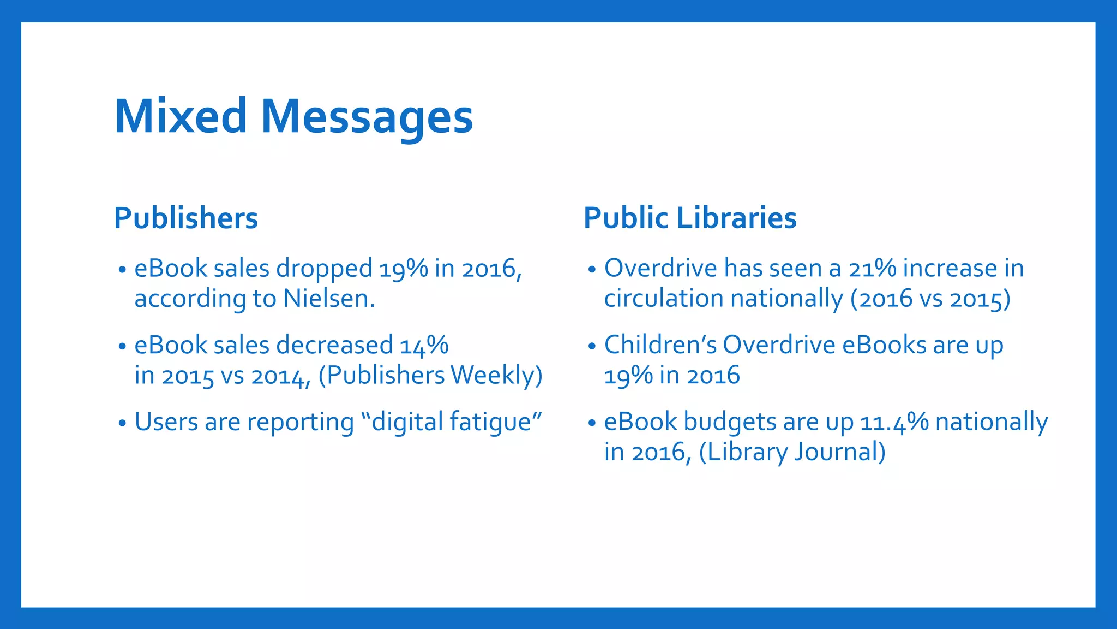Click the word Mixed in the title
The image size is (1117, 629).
181,116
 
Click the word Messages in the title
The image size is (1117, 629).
367,117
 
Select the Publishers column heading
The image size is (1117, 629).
185,218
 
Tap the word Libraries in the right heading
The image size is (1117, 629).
737,218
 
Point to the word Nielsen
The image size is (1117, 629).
329,299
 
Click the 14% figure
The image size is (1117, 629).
424,346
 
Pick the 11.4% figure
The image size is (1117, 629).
894,423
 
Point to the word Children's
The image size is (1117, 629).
660,345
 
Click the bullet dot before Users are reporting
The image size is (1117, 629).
122,423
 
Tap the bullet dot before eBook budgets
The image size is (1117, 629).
592,423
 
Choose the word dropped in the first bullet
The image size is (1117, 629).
324,269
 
